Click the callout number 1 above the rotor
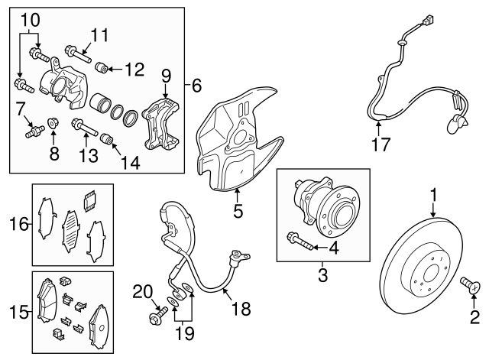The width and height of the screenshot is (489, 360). pyautogui.click(x=434, y=196)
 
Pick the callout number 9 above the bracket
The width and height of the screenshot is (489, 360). pyautogui.click(x=164, y=76)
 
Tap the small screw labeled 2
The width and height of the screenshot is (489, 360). pyautogui.click(x=471, y=288)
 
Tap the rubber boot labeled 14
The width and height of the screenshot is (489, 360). pyautogui.click(x=108, y=139)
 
